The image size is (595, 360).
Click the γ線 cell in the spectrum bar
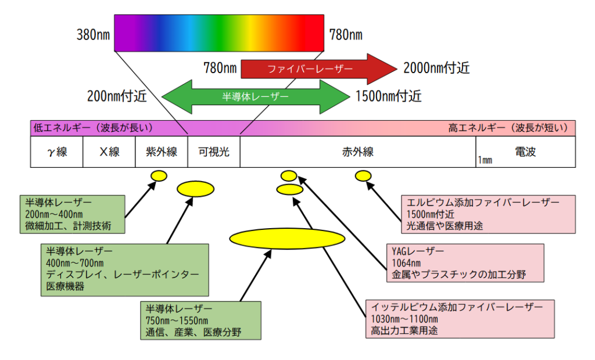point(57,152)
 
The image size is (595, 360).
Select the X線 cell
point(109,152)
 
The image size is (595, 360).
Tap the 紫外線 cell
point(162,152)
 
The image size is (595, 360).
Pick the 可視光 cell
point(214,152)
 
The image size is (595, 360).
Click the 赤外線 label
point(358,152)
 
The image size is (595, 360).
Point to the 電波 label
point(525,152)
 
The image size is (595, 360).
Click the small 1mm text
point(485,160)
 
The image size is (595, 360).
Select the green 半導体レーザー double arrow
point(256,96)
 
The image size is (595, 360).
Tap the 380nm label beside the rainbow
point(94,35)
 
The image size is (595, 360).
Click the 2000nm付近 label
point(436,69)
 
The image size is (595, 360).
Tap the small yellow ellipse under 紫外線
point(159,175)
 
